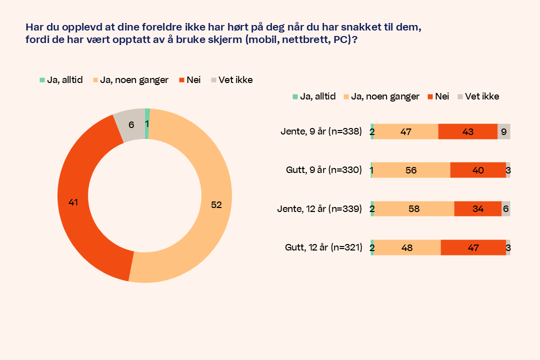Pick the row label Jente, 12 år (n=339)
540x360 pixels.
[x=319, y=208]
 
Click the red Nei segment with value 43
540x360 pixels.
[x=468, y=131]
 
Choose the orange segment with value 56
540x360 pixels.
[x=411, y=170]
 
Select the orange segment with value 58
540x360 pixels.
[x=414, y=208]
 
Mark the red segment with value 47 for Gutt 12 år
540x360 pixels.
[x=473, y=247]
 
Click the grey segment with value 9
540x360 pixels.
[x=504, y=131]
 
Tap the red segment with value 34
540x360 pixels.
[x=478, y=208]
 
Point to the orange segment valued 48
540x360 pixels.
[x=407, y=247]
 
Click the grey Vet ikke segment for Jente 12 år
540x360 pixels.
[x=506, y=208]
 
